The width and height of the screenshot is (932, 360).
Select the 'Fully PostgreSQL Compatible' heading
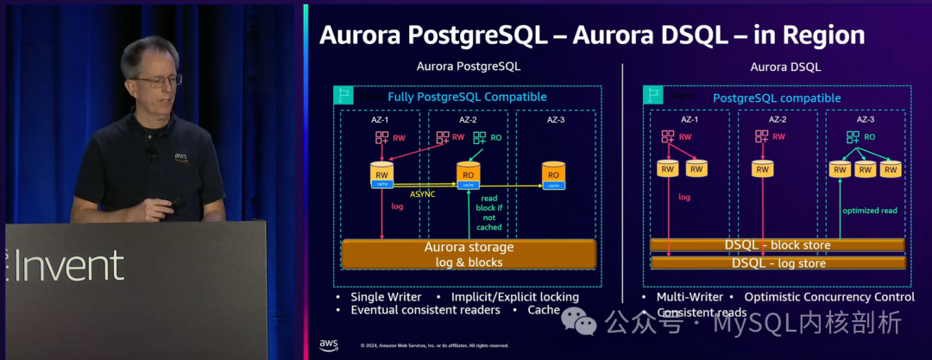[x=467, y=97]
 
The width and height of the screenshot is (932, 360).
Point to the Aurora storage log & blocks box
[x=469, y=254]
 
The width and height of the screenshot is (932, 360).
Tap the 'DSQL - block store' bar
[x=778, y=245]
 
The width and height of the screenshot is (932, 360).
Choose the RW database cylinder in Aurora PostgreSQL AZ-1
[x=381, y=173]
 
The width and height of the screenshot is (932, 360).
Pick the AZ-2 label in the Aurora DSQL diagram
[x=761, y=119]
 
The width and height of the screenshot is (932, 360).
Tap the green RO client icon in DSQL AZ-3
[x=852, y=137]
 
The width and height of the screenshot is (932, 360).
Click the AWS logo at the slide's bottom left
[x=328, y=345]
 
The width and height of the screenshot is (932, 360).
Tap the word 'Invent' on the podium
[x=69, y=267]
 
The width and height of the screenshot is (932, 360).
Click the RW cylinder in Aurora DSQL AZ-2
[x=761, y=168]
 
